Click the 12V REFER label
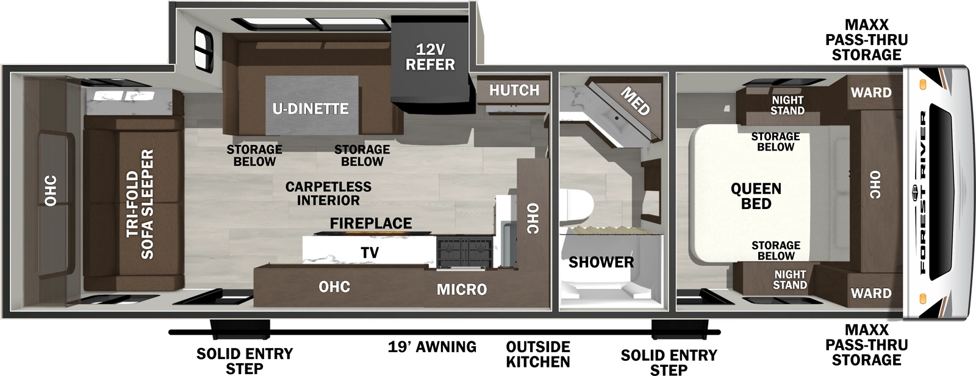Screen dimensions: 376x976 [430, 57]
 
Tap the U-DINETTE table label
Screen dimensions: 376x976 [310, 109]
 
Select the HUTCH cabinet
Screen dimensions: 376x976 [514, 90]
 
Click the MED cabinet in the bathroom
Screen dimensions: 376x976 [634, 101]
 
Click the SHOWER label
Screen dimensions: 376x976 [601, 263]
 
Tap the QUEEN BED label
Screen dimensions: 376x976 [756, 196]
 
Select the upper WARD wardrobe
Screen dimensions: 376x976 [871, 93]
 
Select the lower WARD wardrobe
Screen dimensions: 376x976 [871, 293]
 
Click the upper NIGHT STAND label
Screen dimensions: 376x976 [787, 105]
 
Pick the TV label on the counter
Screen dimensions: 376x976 [370, 252]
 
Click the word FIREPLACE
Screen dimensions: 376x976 [371, 224]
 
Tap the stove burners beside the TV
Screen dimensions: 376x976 [464, 253]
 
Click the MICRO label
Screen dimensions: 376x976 [462, 289]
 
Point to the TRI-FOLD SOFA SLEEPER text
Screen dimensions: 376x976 [140, 204]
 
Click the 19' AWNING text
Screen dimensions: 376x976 [432, 347]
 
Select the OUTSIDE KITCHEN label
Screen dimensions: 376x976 [537, 354]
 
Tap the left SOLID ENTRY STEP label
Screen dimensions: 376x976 [244, 361]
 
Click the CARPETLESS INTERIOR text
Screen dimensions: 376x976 [328, 193]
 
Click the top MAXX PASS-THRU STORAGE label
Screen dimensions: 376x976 [866, 40]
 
